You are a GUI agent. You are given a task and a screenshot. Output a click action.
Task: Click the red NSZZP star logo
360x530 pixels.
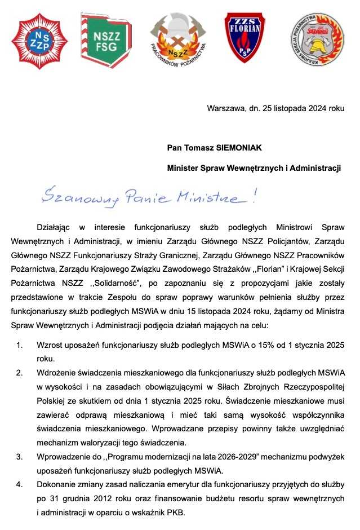[39, 41]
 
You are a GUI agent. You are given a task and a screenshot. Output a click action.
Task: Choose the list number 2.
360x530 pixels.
[20, 373]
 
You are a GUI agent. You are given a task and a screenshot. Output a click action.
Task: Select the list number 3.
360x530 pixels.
[20, 456]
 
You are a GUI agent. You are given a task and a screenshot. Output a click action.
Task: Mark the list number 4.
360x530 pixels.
[20, 484]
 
